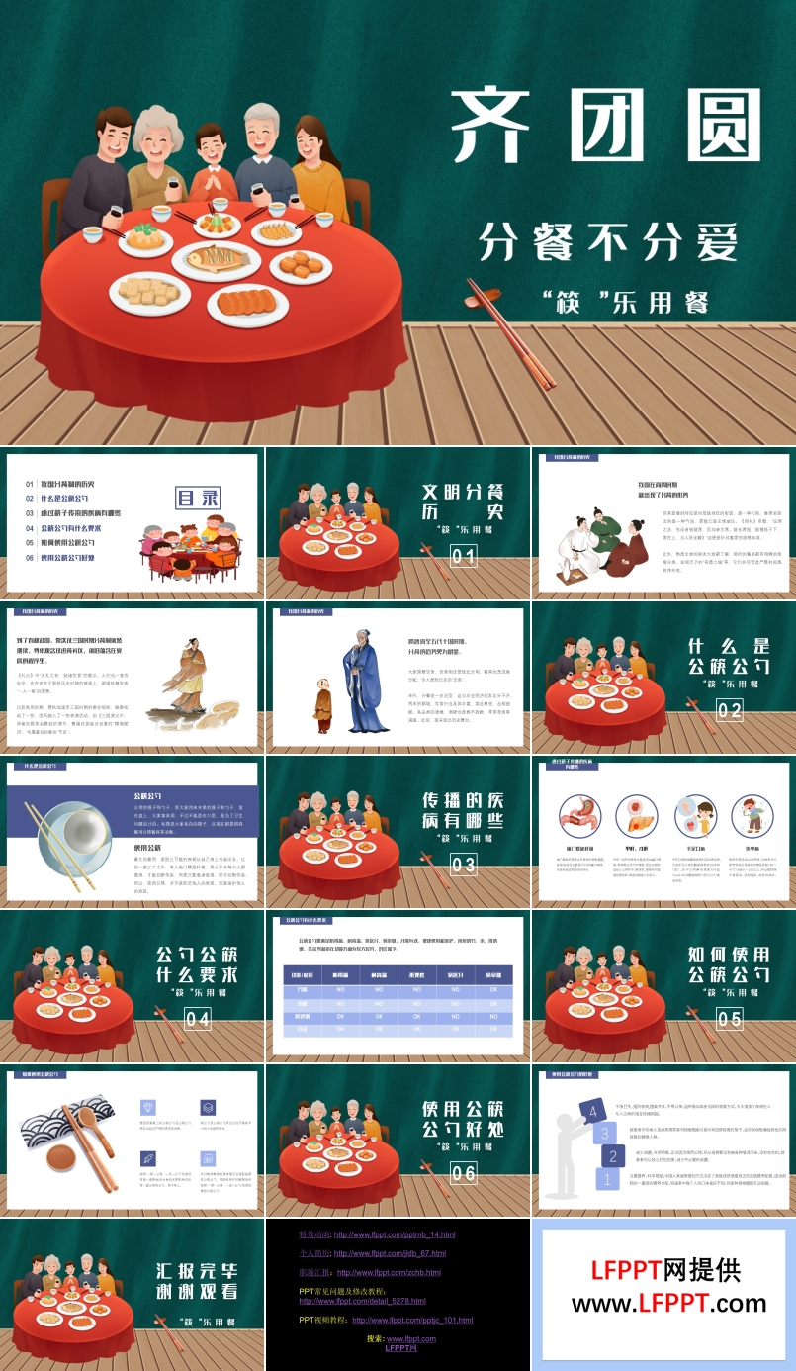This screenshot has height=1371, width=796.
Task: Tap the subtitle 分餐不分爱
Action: pos(608,241)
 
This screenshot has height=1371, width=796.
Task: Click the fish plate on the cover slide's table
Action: pos(218,261)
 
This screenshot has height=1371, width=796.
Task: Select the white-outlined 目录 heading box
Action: pos(197,497)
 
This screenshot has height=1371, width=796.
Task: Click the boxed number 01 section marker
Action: pos(463,556)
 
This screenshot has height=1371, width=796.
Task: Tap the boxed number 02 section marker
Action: pos(729,710)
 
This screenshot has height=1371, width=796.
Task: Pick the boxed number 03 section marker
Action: pos(463,865)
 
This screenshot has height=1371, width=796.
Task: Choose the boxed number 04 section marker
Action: pos(198,1019)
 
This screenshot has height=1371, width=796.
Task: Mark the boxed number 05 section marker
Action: pos(729,1019)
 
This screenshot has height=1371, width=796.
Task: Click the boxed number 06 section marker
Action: pos(463,1173)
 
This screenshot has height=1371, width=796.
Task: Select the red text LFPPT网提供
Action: pos(664,1270)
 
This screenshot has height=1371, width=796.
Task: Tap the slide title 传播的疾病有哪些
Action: pos(463,810)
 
